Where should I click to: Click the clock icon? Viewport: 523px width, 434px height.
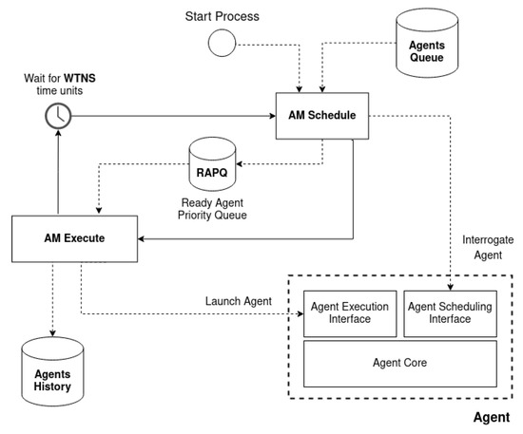click(x=56, y=116)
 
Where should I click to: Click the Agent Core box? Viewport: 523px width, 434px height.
click(x=400, y=362)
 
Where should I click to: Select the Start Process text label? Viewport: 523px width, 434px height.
click(x=222, y=17)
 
